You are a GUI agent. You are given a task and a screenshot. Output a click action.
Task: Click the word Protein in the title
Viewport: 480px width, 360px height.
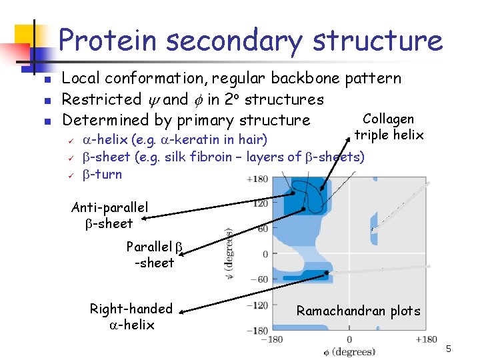pos(107,41)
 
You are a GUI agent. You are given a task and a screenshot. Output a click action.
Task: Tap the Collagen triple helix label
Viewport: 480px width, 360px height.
pos(389,127)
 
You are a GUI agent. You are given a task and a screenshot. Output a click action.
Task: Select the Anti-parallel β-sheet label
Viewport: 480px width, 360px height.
pos(109,215)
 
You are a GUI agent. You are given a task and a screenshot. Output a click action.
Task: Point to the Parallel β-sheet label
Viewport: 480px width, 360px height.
pos(154,255)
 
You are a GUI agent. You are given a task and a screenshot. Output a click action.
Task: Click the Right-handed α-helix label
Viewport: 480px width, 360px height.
pos(131,317)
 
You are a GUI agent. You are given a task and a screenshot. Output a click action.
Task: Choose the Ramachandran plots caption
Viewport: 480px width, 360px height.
pos(359,311)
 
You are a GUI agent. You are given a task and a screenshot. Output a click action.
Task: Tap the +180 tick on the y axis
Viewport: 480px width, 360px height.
pos(257,179)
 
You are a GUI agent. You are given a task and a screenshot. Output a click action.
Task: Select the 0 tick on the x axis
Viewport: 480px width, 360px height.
pos(349,340)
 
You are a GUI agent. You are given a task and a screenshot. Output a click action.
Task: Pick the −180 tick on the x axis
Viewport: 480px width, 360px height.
pos(271,340)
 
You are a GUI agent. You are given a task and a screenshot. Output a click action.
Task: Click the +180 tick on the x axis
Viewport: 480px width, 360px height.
pos(425,340)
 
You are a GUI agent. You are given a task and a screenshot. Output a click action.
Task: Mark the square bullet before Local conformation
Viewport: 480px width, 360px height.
pos(47,80)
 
